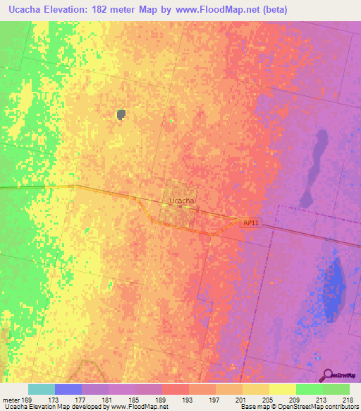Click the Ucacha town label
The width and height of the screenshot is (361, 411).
coord(181,201)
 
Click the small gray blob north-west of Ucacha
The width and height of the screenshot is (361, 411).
coord(121,114)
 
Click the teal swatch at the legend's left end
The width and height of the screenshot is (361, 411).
coord(41,389)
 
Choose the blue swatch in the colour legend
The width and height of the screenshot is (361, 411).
coord(68,389)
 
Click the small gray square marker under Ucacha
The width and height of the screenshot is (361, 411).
coord(180,207)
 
